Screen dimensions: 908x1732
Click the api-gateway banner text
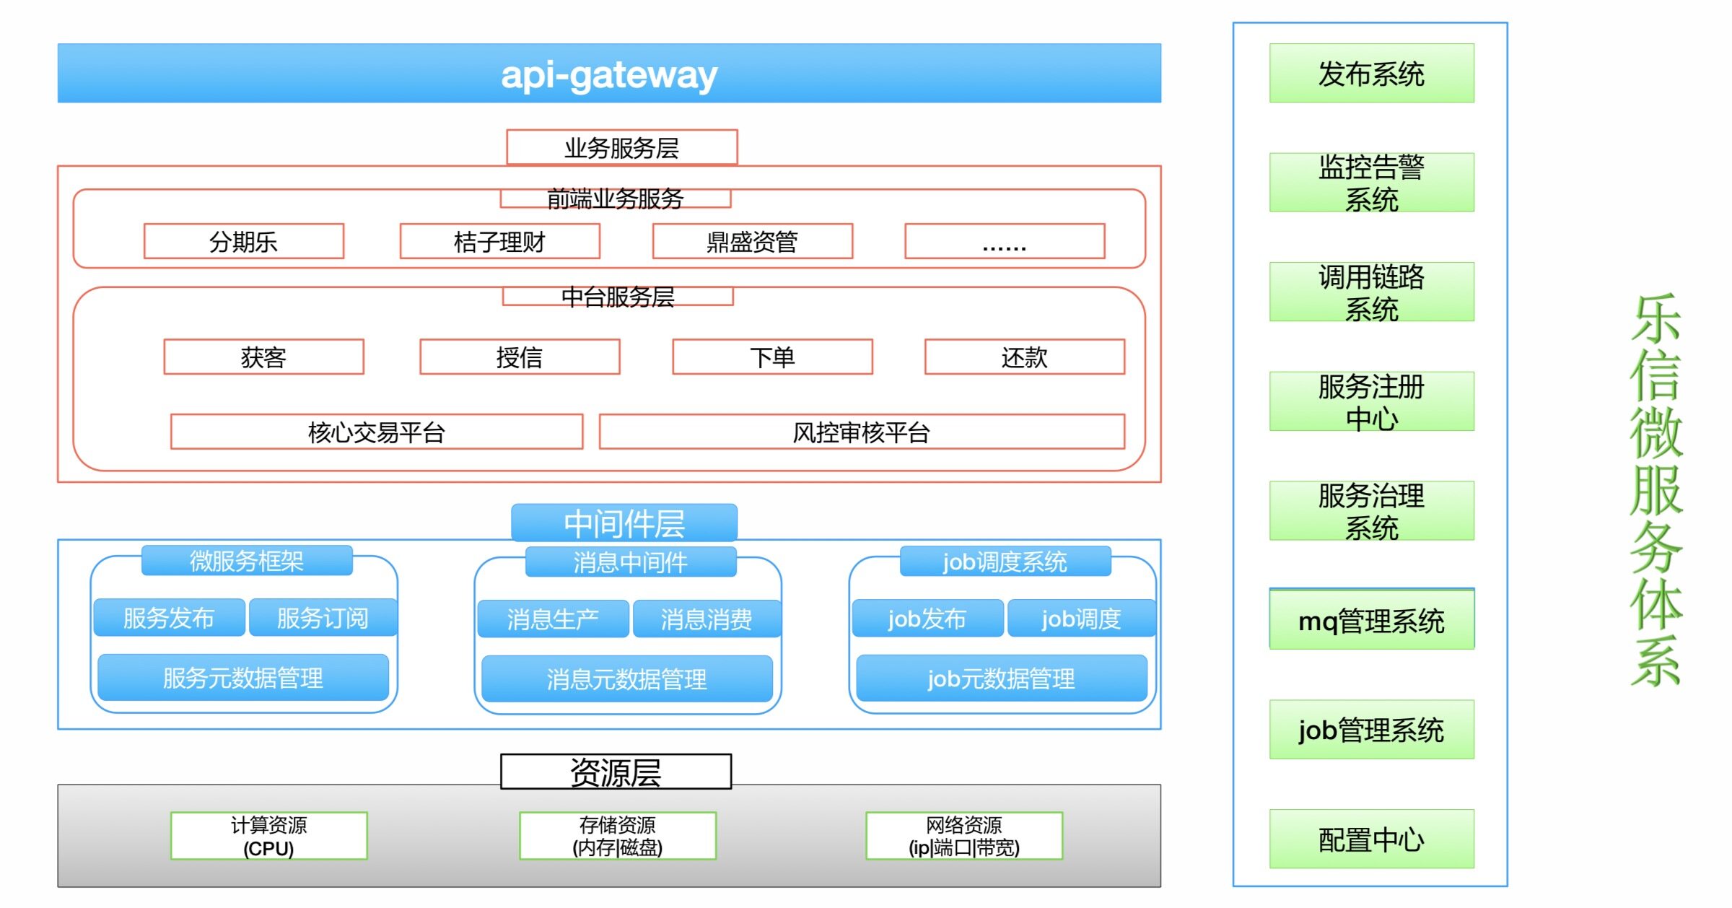click(x=608, y=74)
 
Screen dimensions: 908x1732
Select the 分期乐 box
click(x=244, y=241)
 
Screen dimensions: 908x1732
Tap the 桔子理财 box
click(x=499, y=241)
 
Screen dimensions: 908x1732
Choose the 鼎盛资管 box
click(x=752, y=241)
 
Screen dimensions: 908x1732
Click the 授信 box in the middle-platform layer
click(x=520, y=357)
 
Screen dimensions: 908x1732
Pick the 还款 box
click(x=1024, y=357)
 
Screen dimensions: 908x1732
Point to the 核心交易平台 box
click(x=376, y=432)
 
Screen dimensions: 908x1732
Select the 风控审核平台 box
click(x=861, y=432)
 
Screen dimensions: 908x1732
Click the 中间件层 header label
click(x=624, y=523)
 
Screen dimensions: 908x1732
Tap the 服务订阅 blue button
click(x=323, y=618)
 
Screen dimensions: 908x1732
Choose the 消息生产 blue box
click(x=553, y=619)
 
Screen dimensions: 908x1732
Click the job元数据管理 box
click(x=1001, y=678)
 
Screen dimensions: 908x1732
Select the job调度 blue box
click(x=1080, y=619)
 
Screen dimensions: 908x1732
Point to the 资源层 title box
click(x=616, y=772)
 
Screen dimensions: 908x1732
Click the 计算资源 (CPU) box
click(x=268, y=836)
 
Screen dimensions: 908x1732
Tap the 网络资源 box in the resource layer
click(x=964, y=836)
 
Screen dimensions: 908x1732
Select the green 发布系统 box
click(x=1371, y=74)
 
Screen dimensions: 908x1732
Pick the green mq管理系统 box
click(x=1371, y=620)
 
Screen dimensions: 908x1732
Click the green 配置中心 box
click(x=1371, y=839)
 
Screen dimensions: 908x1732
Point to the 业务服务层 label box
click(x=621, y=147)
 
